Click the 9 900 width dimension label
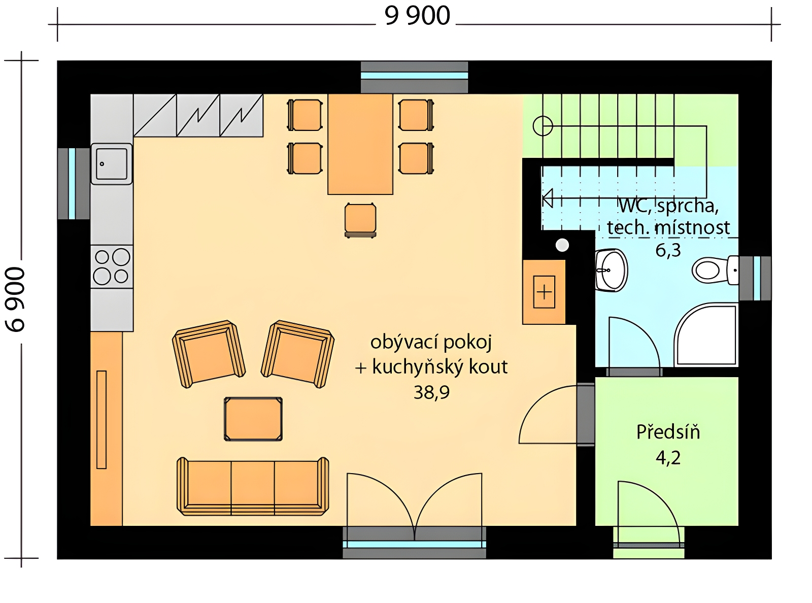[417, 16]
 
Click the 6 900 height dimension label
[15, 299]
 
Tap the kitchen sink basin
[112, 163]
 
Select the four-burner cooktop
[112, 266]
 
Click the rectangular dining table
[360, 144]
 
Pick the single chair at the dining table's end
[360, 220]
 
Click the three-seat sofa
[253, 487]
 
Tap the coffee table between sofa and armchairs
[253, 419]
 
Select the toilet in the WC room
[715, 270]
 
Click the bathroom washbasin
[611, 270]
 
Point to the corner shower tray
[706, 334]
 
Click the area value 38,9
[431, 392]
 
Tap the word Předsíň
[668, 432]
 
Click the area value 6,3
[668, 250]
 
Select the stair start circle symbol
[543, 126]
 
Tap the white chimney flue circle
[562, 245]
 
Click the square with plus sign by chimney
[544, 292]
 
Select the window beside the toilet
[755, 278]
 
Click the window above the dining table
[414, 77]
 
